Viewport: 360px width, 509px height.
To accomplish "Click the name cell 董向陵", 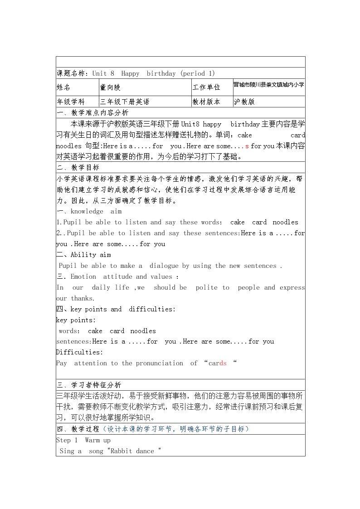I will (x=111, y=87).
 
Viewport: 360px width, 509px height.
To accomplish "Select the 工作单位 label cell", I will (x=206, y=87).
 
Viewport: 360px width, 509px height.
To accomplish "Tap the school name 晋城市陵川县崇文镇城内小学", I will (x=269, y=85).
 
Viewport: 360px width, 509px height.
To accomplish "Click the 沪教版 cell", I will (x=244, y=102).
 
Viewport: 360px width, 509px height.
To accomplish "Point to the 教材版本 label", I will (x=206, y=102).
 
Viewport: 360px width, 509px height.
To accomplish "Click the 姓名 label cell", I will (x=63, y=87).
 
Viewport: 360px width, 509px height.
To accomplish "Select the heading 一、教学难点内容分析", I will (x=92, y=113).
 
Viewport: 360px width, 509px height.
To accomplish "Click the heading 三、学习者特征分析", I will (x=89, y=385).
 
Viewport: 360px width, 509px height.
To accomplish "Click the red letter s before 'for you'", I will (x=247, y=146).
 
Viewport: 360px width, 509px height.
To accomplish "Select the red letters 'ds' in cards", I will (x=223, y=363).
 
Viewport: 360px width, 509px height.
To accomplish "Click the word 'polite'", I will (x=206, y=287).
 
